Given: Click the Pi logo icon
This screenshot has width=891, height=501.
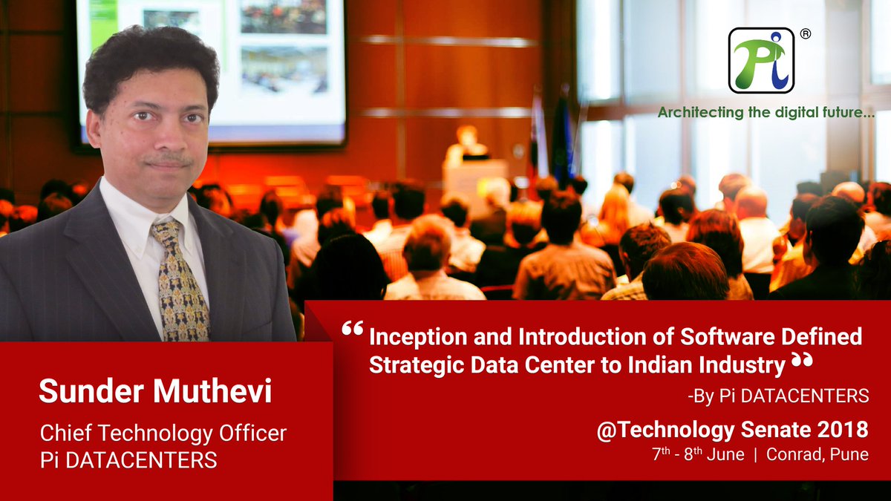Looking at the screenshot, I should pyautogui.click(x=761, y=60).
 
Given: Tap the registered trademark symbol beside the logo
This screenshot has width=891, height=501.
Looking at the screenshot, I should pyautogui.click(x=805, y=34).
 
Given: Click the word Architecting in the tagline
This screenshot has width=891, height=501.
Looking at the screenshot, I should pyautogui.click(x=701, y=113).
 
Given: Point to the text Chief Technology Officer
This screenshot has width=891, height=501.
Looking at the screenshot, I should pyautogui.click(x=163, y=433).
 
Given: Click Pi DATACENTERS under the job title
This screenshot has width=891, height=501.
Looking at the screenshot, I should pyautogui.click(x=128, y=459).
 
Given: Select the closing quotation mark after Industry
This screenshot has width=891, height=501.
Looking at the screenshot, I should pyautogui.click(x=802, y=361).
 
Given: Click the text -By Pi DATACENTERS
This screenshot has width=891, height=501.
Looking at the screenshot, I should pyautogui.click(x=777, y=396).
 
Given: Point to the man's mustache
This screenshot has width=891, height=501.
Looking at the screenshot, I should pyautogui.click(x=168, y=158).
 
